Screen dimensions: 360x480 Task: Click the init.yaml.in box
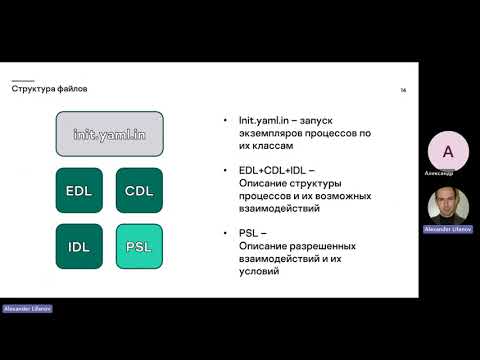point(109,133)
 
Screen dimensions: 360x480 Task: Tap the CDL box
point(139,190)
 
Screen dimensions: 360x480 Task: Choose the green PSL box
point(139,246)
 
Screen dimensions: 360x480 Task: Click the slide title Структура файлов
point(49,88)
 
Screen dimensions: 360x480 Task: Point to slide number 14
point(403,90)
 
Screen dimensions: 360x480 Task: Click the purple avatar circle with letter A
point(447,152)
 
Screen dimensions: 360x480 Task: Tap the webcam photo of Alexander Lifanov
point(447,205)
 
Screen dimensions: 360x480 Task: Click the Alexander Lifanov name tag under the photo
point(447,229)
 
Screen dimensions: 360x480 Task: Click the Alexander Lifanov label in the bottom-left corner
point(27,309)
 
